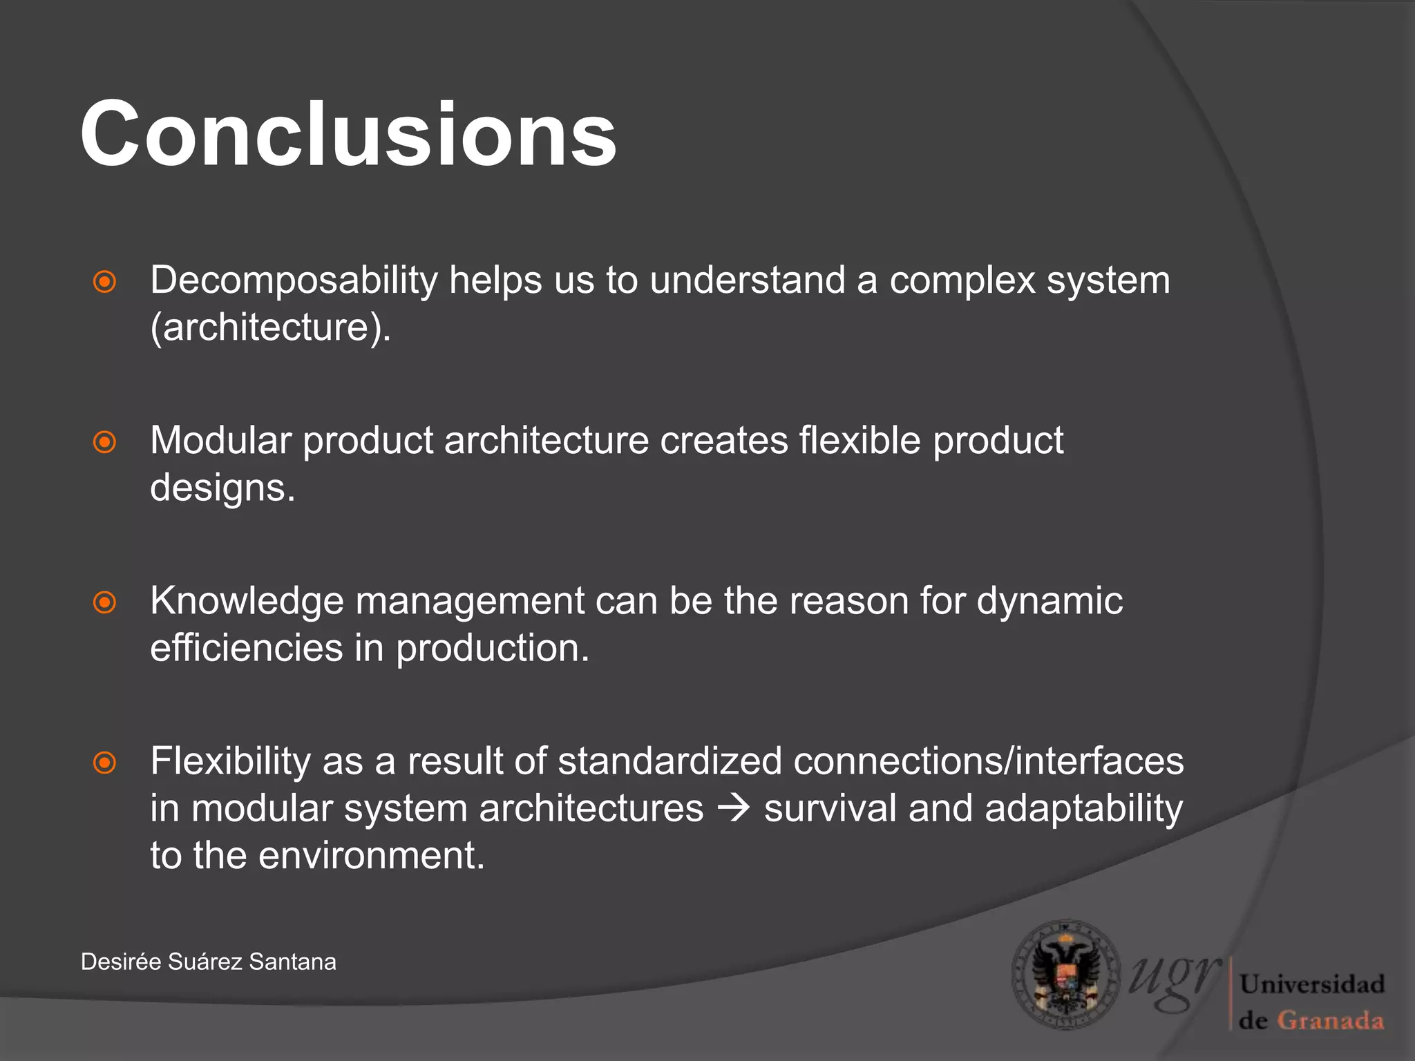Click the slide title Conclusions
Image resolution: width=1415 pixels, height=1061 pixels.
point(348,134)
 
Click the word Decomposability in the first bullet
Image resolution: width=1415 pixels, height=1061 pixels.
point(294,280)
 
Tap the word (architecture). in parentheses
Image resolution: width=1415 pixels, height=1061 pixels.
point(271,327)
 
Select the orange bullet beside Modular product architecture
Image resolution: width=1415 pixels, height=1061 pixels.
point(104,442)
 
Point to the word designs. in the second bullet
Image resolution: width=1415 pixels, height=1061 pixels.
point(222,488)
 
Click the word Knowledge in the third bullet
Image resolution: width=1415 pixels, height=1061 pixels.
point(247,601)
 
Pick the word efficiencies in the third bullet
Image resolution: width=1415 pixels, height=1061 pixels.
point(246,648)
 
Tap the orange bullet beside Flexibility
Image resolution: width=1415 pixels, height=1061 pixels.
point(104,763)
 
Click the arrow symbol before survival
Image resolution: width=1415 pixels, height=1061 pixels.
point(733,808)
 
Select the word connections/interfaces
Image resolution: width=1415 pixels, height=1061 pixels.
point(988,761)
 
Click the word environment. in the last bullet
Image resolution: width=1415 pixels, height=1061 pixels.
point(372,855)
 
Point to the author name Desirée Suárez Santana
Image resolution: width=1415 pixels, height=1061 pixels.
point(208,962)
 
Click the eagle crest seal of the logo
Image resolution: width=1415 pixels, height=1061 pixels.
point(1065,975)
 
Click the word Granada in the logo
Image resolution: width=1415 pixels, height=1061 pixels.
point(1330,1020)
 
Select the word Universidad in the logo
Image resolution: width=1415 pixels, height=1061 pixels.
point(1311,984)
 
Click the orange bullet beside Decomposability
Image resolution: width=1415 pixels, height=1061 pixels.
point(104,282)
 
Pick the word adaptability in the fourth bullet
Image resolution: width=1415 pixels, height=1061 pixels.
point(1083,808)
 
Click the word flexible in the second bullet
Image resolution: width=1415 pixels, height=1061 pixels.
point(860,441)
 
